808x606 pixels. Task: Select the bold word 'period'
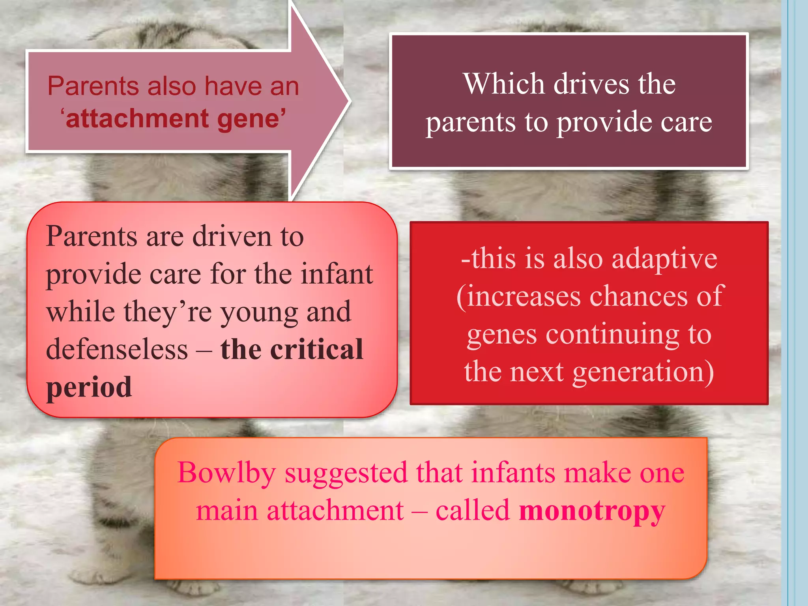pyautogui.click(x=89, y=387)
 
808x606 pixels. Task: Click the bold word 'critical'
pyautogui.click(x=316, y=350)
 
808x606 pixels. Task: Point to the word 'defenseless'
pyautogui.click(x=117, y=350)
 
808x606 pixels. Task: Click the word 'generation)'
pyautogui.click(x=643, y=372)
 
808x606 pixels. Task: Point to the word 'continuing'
pyautogui.click(x=612, y=335)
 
